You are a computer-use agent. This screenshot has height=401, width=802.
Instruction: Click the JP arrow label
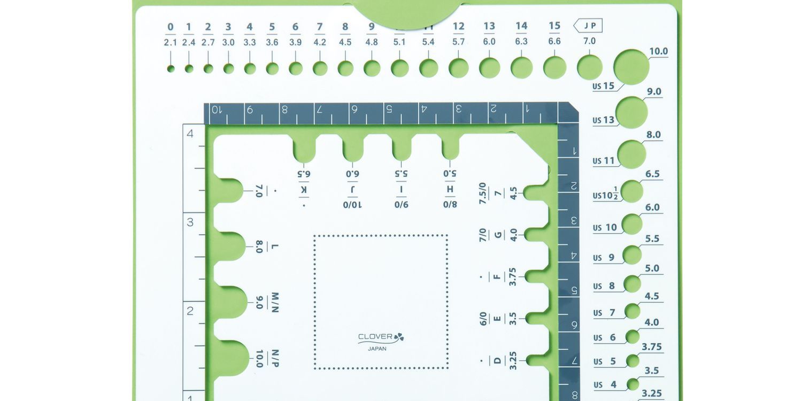588,25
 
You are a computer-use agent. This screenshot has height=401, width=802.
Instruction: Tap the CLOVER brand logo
381,337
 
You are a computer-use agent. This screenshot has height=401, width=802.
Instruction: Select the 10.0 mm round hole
631,67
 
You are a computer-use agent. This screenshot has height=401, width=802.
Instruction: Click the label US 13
604,120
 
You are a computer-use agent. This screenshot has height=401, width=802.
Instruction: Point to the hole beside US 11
631,155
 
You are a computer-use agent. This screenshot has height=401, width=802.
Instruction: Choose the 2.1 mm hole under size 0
171,68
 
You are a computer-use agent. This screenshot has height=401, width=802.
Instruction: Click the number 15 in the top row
554,26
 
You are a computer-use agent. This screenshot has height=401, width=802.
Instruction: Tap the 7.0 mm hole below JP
589,67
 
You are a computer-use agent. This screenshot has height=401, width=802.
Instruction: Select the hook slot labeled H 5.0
451,147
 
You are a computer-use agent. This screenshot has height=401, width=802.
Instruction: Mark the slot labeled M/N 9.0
230,302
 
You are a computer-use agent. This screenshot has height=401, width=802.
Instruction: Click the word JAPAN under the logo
377,349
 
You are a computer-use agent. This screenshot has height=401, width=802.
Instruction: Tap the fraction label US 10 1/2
607,195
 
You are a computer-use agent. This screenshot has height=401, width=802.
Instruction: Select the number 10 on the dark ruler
216,110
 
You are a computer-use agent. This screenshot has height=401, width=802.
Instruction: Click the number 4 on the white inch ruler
190,134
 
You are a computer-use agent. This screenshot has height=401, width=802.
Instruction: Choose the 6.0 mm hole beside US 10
632,224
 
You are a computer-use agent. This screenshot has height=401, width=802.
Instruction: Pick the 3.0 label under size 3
228,42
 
